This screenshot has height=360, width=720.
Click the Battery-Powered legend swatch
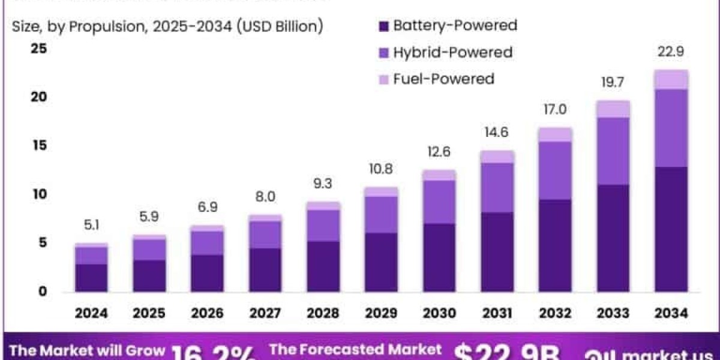pos(384,26)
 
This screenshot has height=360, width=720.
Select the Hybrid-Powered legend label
pos(452,52)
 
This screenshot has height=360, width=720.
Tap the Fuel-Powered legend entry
pos(443,79)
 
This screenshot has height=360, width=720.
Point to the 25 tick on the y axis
pos(38,49)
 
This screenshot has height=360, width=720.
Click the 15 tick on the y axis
pos(38,146)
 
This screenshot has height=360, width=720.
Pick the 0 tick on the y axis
pos(43,292)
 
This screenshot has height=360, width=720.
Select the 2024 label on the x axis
pos(91,313)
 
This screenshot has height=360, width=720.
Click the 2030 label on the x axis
pos(439,313)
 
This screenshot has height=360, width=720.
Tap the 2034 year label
pos(671,313)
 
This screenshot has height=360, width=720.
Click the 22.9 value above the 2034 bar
pos(671,52)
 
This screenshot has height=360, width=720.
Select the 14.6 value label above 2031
pos(497,133)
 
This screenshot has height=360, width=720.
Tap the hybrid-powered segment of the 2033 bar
pos(613,151)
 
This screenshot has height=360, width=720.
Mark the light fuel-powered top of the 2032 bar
pos(555,134)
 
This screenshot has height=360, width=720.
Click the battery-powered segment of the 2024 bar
pos(91,278)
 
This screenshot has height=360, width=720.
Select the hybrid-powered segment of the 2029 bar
pos(380,214)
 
